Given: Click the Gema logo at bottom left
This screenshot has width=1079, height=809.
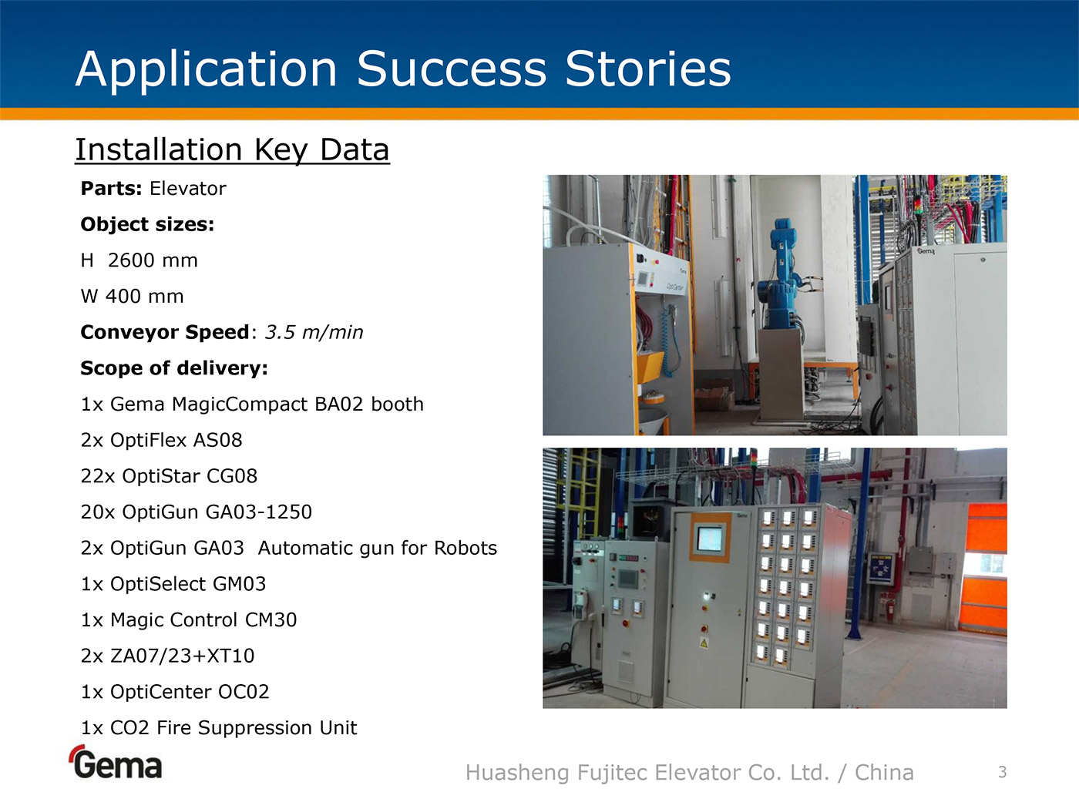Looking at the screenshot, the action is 116,762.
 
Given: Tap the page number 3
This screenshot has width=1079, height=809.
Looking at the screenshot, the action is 1003,772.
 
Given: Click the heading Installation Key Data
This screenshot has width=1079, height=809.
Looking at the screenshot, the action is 232,149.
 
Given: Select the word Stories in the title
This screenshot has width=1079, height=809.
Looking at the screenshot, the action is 648,69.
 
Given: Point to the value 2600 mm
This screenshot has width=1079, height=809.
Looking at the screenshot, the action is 153,260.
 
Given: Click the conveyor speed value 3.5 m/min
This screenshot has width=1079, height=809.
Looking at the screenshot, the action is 314,333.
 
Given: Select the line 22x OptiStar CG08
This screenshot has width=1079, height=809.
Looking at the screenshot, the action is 169,476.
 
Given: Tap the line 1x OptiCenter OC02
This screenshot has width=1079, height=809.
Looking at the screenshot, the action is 175,692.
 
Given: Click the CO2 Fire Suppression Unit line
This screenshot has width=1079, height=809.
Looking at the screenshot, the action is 219,727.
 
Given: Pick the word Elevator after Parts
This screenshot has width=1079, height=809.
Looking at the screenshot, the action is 188,189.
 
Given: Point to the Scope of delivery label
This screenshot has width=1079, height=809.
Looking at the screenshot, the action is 174,368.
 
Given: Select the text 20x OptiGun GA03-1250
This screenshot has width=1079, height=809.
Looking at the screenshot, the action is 196,512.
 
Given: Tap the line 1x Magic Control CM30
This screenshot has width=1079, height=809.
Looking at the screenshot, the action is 189,620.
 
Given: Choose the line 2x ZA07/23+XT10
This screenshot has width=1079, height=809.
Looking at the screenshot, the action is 167,656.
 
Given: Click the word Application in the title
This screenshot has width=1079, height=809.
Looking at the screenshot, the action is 207,70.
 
